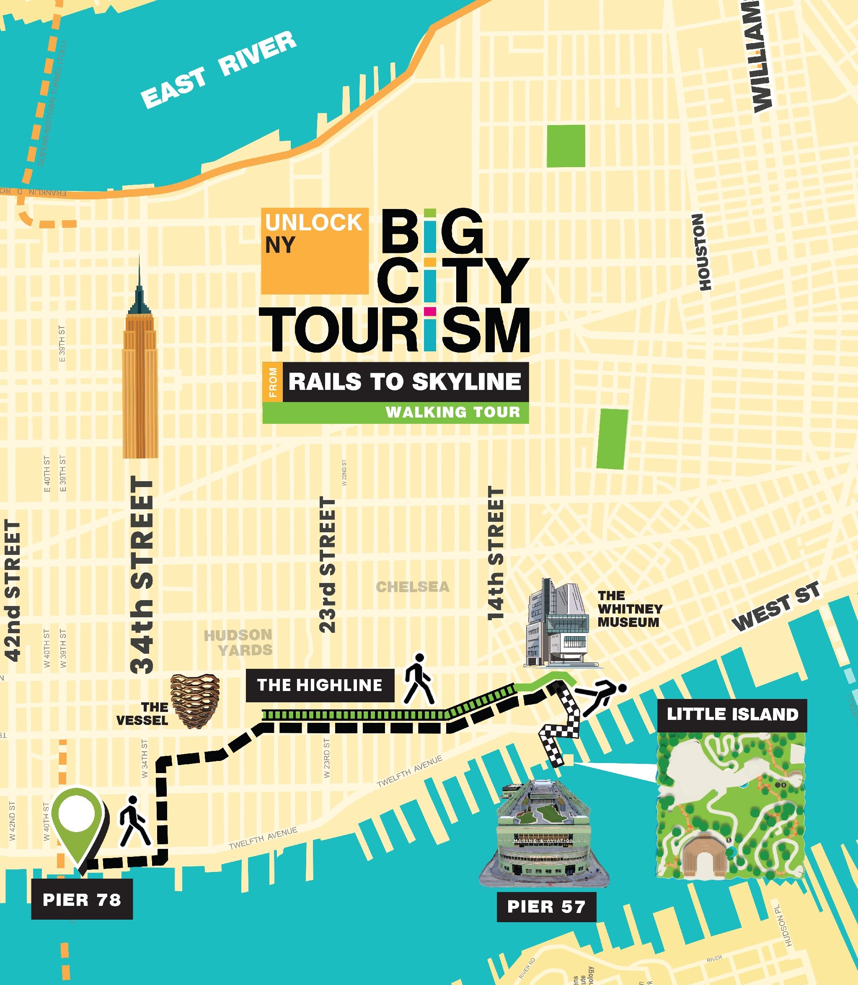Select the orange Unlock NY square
315,251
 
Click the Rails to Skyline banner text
405,382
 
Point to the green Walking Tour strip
395,412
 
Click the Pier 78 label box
82,899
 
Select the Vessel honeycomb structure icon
195,701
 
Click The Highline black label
319,685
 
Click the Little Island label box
732,714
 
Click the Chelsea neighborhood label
412,587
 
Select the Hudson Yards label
238,642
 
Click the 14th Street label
496,554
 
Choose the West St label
776,606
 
